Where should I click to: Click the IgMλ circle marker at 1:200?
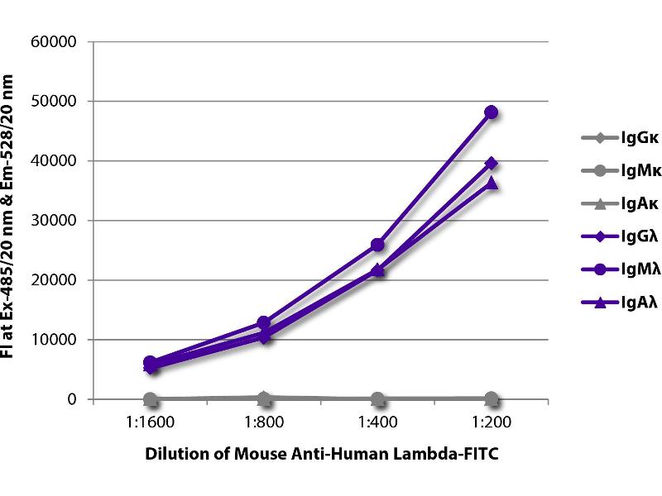coord(491,112)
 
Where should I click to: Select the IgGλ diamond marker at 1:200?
coord(491,163)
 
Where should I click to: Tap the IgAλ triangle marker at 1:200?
coord(491,183)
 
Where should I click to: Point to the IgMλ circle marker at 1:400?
coord(377,245)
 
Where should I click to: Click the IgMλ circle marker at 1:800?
coord(264,322)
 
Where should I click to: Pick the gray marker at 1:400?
coord(377,399)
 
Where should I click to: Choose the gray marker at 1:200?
coord(491,398)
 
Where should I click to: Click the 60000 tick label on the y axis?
coord(54,41)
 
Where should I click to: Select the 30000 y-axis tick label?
coord(54,221)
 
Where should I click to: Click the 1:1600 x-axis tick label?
coord(151,421)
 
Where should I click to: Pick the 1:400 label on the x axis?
coord(377,421)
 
